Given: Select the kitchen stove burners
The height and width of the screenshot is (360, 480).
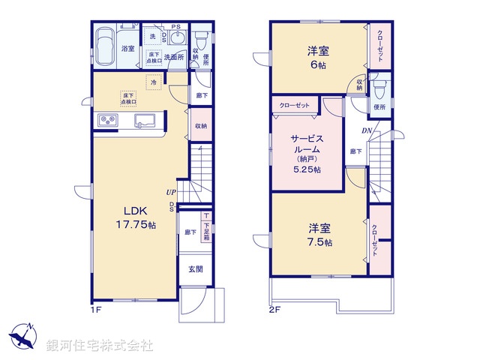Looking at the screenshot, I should point(106,121).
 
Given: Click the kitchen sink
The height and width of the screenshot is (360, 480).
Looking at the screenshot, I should point(145,120).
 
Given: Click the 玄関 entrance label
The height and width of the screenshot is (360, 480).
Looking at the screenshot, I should point(193,270).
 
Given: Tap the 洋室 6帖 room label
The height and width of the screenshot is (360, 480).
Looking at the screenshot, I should point(318,57).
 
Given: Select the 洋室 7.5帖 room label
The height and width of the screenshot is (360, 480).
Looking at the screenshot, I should point(318,235).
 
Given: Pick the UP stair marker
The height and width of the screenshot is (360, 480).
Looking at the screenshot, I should point(172,192).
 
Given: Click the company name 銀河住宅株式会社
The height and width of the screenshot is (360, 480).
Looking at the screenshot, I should point(100,346).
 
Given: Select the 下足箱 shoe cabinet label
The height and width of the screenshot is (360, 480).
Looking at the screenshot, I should point(205,223).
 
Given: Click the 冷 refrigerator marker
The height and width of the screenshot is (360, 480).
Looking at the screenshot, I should point(154,83).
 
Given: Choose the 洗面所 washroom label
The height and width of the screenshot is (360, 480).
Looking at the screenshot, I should point(174,56).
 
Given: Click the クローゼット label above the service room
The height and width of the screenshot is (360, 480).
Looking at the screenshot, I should point(295,105).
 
